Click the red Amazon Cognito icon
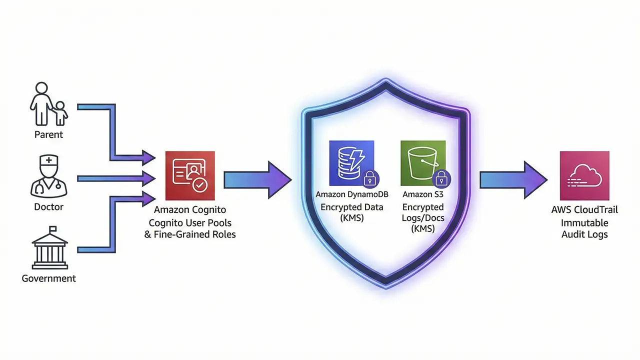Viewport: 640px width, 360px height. [x=190, y=176]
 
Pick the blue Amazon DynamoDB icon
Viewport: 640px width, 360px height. [x=351, y=163]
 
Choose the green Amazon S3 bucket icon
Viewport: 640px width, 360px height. [x=422, y=163]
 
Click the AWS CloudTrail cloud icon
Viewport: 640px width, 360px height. [x=584, y=176]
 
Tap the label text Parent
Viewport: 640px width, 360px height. [x=48, y=134]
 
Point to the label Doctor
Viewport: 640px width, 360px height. [x=48, y=206]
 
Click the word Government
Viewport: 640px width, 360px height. [x=48, y=278]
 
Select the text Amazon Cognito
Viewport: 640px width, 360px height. [x=190, y=210]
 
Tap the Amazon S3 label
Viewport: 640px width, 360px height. [x=423, y=194]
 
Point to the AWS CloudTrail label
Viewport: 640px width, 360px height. [x=584, y=209]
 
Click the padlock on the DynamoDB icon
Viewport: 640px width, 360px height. [x=370, y=177]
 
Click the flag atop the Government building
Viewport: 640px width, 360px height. [x=52, y=229]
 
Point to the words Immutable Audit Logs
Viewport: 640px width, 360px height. [x=584, y=228]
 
